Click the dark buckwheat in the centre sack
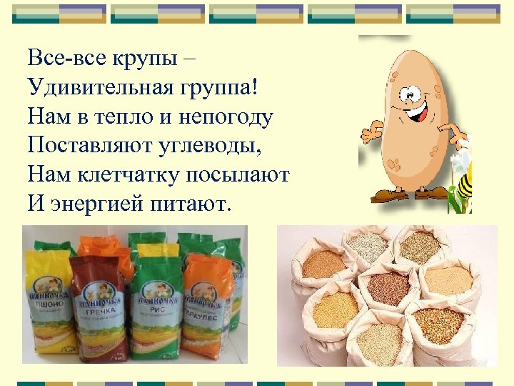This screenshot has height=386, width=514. tap(390, 289)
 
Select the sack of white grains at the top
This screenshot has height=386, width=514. tap(367, 247)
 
